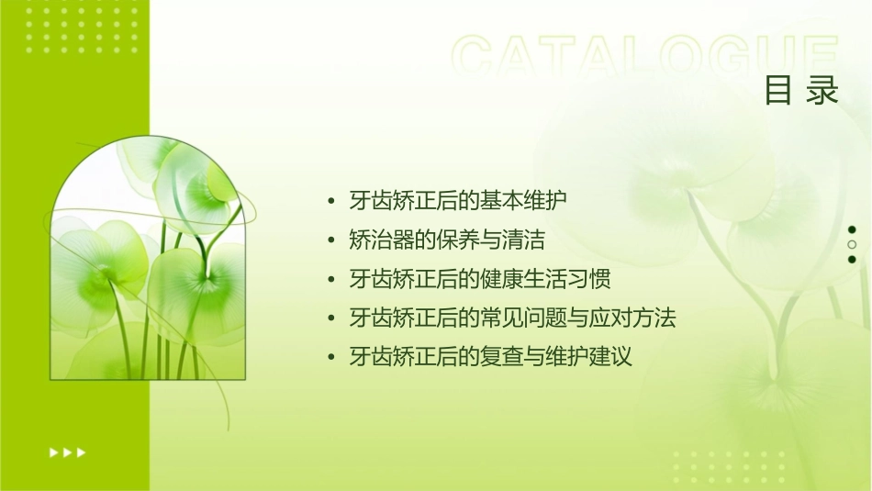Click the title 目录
(x=801, y=92)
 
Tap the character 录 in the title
(x=823, y=92)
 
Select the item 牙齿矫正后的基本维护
(x=458, y=201)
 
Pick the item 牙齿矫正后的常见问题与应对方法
(x=512, y=318)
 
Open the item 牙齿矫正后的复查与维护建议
(x=491, y=357)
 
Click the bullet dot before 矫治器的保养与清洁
(x=331, y=241)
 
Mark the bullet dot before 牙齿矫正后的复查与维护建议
(x=331, y=358)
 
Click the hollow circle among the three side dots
(x=852, y=245)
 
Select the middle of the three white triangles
(x=67, y=452)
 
